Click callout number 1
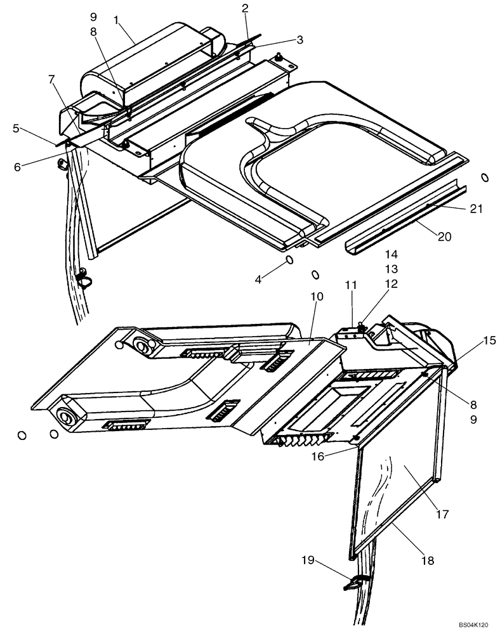coord(116,20)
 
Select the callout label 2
coord(245,8)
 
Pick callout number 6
coord(17,166)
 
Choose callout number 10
coord(317,297)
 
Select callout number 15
coord(489,340)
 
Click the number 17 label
coord(442,514)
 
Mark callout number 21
coord(477,207)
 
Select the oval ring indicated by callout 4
coord(289,260)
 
